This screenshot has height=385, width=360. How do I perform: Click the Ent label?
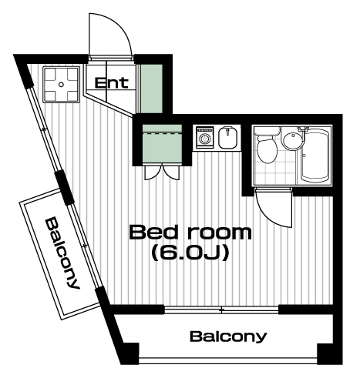(112, 83)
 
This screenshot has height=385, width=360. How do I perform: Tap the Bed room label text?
(190, 233)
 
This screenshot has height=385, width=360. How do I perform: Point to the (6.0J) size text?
(190, 253)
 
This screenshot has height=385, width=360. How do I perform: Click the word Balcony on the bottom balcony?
(228, 336)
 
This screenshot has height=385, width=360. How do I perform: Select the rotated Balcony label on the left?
(62, 253)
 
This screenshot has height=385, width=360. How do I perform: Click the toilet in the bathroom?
(267, 145)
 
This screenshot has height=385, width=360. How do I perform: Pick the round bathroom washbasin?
(292, 140)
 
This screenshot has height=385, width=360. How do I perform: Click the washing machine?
(205, 137)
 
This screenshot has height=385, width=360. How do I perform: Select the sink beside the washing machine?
(227, 138)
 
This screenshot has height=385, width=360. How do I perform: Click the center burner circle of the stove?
(61, 85)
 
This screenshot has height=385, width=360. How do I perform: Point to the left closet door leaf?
(153, 172)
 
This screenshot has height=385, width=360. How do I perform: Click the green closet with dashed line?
(162, 144)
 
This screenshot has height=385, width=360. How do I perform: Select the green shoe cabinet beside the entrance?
(151, 89)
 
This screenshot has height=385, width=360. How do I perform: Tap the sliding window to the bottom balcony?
(221, 310)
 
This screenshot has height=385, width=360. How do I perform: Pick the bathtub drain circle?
(304, 156)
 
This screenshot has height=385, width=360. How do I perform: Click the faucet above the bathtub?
(303, 129)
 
